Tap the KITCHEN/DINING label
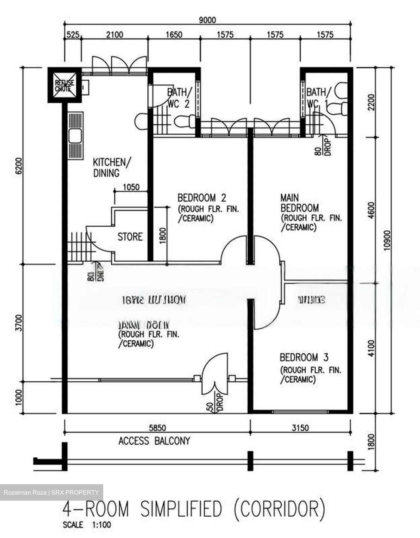click(x=111, y=167)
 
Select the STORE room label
click(x=130, y=236)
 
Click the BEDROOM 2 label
click(x=202, y=197)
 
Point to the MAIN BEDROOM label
click(x=299, y=202)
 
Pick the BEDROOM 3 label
click(x=304, y=357)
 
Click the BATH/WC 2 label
click(x=178, y=97)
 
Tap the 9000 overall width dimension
click(x=207, y=20)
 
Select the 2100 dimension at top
click(x=114, y=35)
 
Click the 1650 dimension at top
click(x=174, y=35)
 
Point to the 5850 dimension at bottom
click(x=157, y=427)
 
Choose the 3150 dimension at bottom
click(x=300, y=427)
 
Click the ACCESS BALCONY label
click(x=154, y=441)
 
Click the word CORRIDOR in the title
click(x=279, y=509)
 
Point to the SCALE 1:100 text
click(x=87, y=525)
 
